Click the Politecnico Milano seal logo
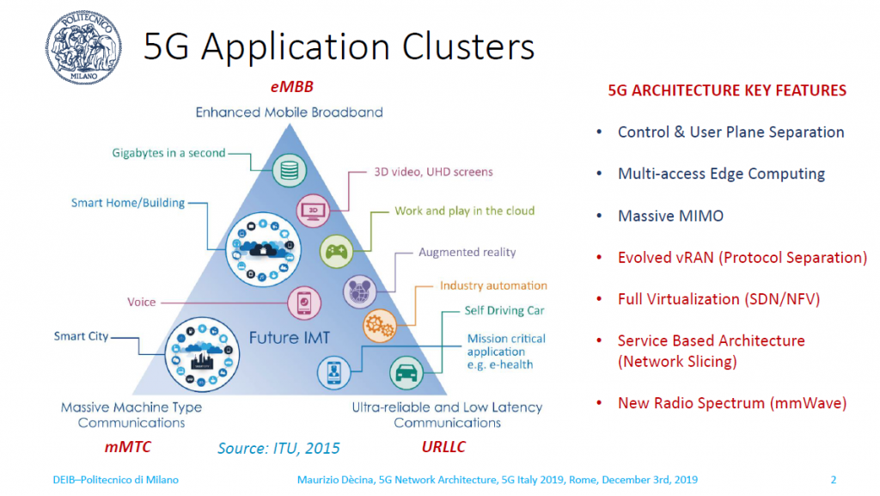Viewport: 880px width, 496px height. (83, 47)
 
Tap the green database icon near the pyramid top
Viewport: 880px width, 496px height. (290, 170)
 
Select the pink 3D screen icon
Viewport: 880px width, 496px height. (313, 211)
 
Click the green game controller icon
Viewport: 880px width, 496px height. (336, 251)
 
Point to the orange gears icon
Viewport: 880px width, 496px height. (380, 326)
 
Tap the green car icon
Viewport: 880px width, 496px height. (406, 372)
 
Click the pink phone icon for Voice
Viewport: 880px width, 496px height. (304, 303)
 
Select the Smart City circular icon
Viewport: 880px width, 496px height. (202, 355)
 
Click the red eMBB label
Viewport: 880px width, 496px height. (292, 87)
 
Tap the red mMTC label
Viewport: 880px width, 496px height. (127, 447)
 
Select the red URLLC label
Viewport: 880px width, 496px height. (443, 447)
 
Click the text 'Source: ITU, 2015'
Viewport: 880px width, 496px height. (278, 449)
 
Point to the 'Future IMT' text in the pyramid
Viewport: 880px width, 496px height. (290, 338)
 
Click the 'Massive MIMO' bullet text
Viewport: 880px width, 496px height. (670, 216)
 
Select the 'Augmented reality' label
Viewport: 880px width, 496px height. (467, 253)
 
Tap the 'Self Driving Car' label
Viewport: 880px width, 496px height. (504, 311)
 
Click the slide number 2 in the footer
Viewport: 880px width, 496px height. (834, 480)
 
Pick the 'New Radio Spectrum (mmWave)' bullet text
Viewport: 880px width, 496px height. (732, 403)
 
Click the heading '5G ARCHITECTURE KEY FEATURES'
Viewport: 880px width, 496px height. (727, 91)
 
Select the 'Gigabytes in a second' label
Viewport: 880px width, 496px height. (168, 153)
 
